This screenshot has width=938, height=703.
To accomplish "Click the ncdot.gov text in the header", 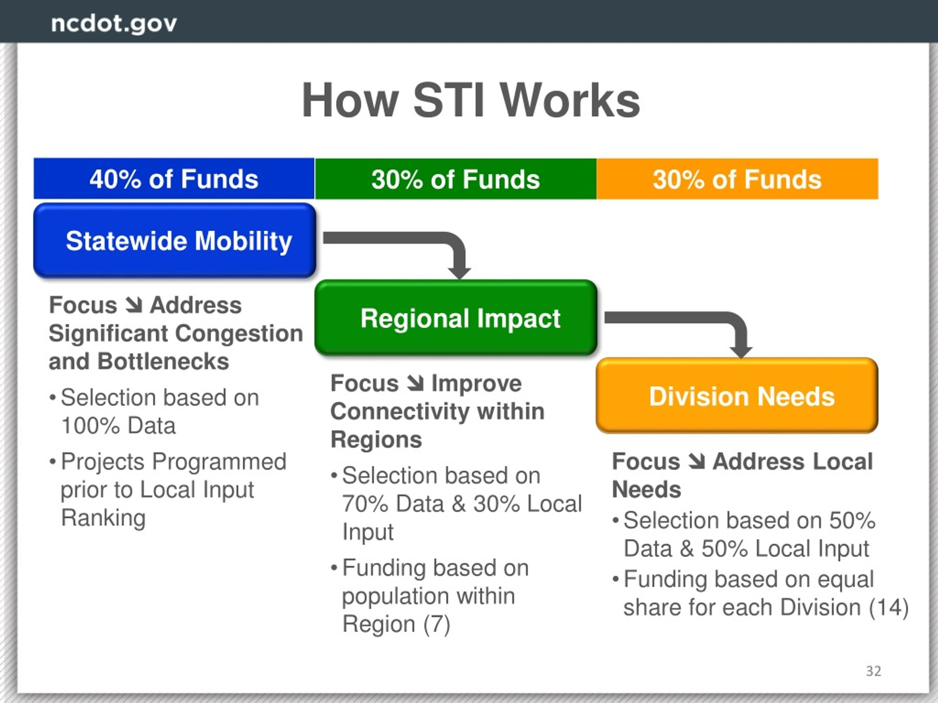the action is pos(114,24).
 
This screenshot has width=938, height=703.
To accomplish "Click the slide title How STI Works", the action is pos(471,100).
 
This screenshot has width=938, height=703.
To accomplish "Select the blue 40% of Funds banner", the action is pos(174,178).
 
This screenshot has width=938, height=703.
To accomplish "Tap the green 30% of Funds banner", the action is pos(456,178).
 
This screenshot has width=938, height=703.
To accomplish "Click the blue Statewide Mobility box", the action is pos(175,241).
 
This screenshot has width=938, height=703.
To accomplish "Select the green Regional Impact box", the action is pos(456,318).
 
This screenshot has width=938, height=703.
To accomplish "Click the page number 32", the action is pos(874,671).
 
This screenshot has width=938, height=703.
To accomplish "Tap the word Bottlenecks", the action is pos(163,361).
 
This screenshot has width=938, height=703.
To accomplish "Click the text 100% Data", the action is pos(118,425).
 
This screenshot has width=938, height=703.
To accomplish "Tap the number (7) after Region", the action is pos(437,624).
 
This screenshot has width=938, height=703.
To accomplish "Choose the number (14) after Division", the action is pos(889,608).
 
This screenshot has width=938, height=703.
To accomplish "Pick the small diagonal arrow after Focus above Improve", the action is pos(415,383).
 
